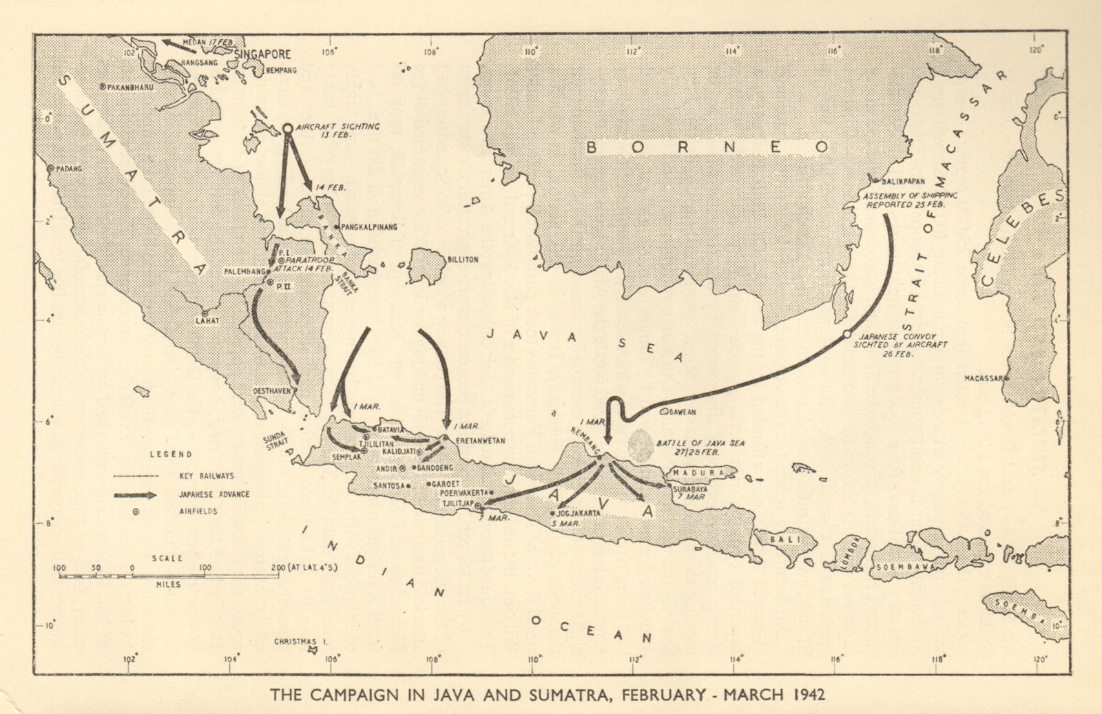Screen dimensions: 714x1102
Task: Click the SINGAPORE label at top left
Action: pos(262,54)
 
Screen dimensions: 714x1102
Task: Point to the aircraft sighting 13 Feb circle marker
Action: pos(288,128)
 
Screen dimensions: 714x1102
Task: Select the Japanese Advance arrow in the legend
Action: pos(136,494)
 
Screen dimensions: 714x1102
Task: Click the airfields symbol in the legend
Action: pos(136,512)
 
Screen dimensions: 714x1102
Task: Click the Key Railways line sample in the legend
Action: pos(136,476)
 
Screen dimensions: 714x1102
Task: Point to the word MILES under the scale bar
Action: pos(169,585)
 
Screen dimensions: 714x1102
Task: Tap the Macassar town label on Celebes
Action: pos(984,378)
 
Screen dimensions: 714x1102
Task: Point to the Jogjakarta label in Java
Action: pos(580,513)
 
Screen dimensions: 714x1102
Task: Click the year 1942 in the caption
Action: pos(804,694)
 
